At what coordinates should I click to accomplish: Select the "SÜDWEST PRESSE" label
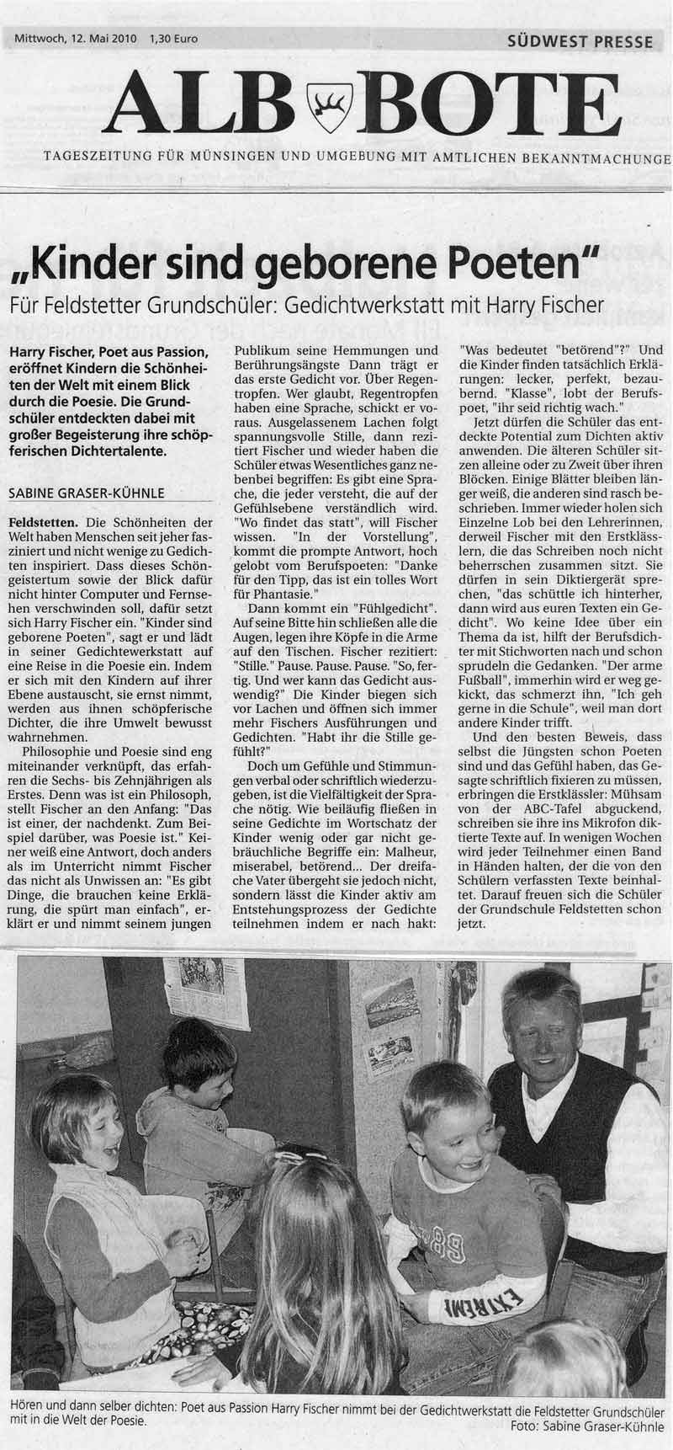[x=580, y=40]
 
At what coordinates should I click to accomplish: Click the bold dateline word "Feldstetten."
[x=44, y=522]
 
